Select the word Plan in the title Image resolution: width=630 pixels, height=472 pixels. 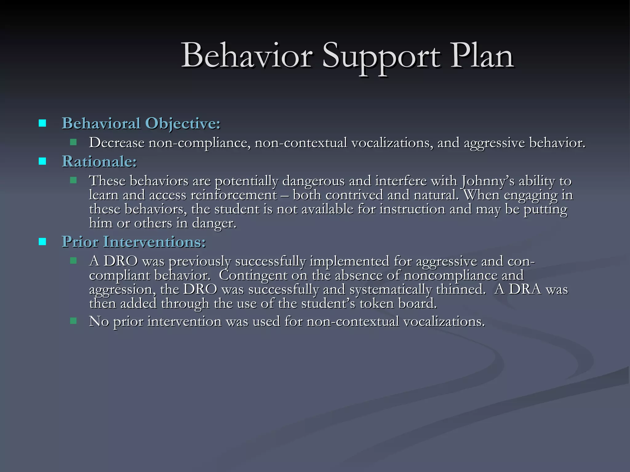pos(482,56)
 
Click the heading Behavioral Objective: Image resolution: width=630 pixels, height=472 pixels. pos(141,124)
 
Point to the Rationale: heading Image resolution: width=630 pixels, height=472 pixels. pos(99,162)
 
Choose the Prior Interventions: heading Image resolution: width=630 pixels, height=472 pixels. pos(134,242)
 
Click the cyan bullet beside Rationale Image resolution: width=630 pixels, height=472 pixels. pos(42,161)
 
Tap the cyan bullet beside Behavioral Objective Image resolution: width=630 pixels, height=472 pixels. pos(42,124)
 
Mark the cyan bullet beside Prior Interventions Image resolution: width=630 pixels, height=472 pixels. pos(42,242)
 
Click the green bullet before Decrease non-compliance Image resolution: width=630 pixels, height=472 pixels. pos(73,142)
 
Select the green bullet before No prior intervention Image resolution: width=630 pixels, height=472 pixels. pos(73,321)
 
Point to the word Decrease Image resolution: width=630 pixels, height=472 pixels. pos(117,143)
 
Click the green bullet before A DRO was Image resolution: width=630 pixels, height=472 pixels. pos(73,261)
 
